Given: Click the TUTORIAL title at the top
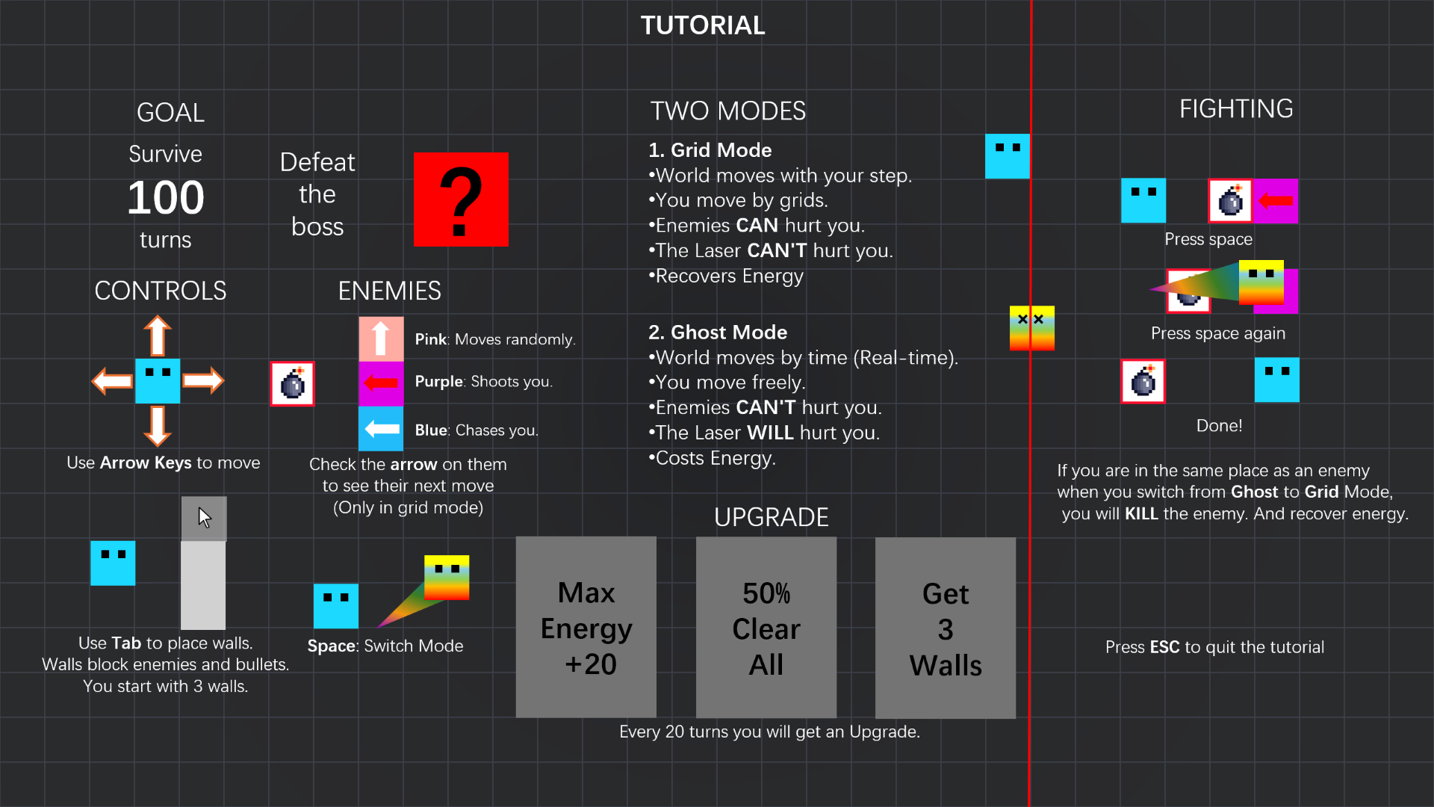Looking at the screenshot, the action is pos(703,25).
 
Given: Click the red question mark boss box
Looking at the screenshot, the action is pos(461,200).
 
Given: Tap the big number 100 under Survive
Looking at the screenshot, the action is pos(166,198).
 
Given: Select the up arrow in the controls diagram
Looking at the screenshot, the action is pos(158,336).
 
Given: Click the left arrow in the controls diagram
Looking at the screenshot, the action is pos(112,381).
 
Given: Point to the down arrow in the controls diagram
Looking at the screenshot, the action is pos(158,426).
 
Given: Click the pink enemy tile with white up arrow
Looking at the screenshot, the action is pos(381,338).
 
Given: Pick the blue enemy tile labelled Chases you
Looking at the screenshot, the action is pos(381,429).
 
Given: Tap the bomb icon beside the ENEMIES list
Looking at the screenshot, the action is pos(292,384).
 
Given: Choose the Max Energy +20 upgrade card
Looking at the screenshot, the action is pos(586,628).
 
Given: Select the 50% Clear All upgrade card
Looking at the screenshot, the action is pos(766,628).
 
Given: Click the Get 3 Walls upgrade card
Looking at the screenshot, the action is pos(946,628).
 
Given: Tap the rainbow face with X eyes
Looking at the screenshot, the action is pos(1032,328).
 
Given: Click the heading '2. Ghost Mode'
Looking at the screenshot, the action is pos(718,333).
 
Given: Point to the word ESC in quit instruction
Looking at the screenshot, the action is pos(1165,647).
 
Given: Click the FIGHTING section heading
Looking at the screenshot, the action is pos(1236,109).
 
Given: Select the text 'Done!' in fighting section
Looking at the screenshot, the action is pos(1220,426).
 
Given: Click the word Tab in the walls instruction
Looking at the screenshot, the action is pos(126,643).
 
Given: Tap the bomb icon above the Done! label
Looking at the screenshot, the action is pos(1143,381).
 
